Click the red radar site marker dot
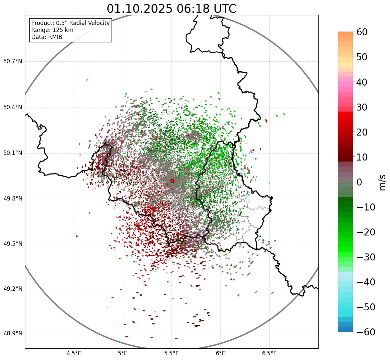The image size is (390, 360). pos(172,181)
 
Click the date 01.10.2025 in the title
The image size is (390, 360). pos(140,9)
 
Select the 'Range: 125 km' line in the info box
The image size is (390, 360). pos(52,30)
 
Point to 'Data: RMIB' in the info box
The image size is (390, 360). pos(47,37)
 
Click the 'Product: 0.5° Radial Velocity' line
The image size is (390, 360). pos(70,23)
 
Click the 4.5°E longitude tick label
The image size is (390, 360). pos(74,353)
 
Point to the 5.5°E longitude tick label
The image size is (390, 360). pos(172,353)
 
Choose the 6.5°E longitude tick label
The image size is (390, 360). pos(269,353)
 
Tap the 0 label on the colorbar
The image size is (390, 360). pos(359,182)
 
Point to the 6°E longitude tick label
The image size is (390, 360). pos(220,353)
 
